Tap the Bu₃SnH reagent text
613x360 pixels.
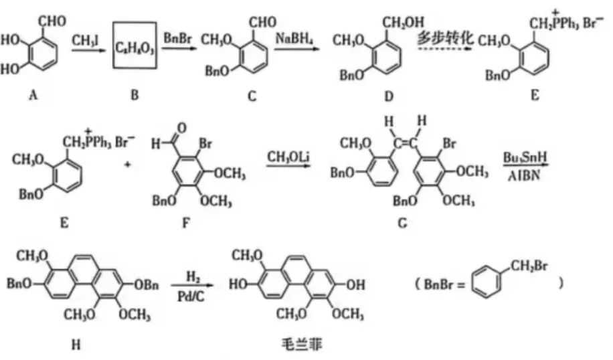[520, 157]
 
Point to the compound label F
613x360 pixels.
[187, 220]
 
